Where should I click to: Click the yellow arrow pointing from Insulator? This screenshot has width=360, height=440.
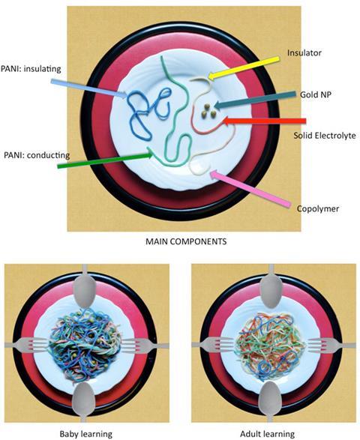point(244,67)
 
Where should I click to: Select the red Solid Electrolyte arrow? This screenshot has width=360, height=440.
point(265,121)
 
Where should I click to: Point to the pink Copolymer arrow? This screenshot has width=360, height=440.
point(250,189)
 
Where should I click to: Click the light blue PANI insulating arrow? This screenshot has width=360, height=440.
point(89,88)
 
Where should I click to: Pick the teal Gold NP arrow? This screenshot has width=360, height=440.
point(255,100)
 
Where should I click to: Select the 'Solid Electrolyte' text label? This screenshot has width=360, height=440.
point(325,136)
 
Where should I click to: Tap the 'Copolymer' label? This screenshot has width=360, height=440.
point(318,209)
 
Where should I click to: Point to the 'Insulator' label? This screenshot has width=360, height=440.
point(304,52)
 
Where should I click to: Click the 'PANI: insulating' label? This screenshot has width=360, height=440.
point(31,69)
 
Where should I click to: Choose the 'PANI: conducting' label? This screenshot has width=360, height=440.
point(37,155)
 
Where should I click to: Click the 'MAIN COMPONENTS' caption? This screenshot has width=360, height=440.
point(186,241)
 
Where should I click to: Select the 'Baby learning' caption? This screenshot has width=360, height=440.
point(86,434)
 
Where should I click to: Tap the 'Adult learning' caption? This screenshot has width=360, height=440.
point(268,434)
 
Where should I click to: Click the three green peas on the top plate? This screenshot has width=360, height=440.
point(208,110)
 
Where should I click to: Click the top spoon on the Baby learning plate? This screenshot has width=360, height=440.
point(84,286)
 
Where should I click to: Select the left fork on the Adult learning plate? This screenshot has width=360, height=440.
point(213,345)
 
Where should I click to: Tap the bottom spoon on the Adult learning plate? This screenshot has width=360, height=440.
point(270,401)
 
